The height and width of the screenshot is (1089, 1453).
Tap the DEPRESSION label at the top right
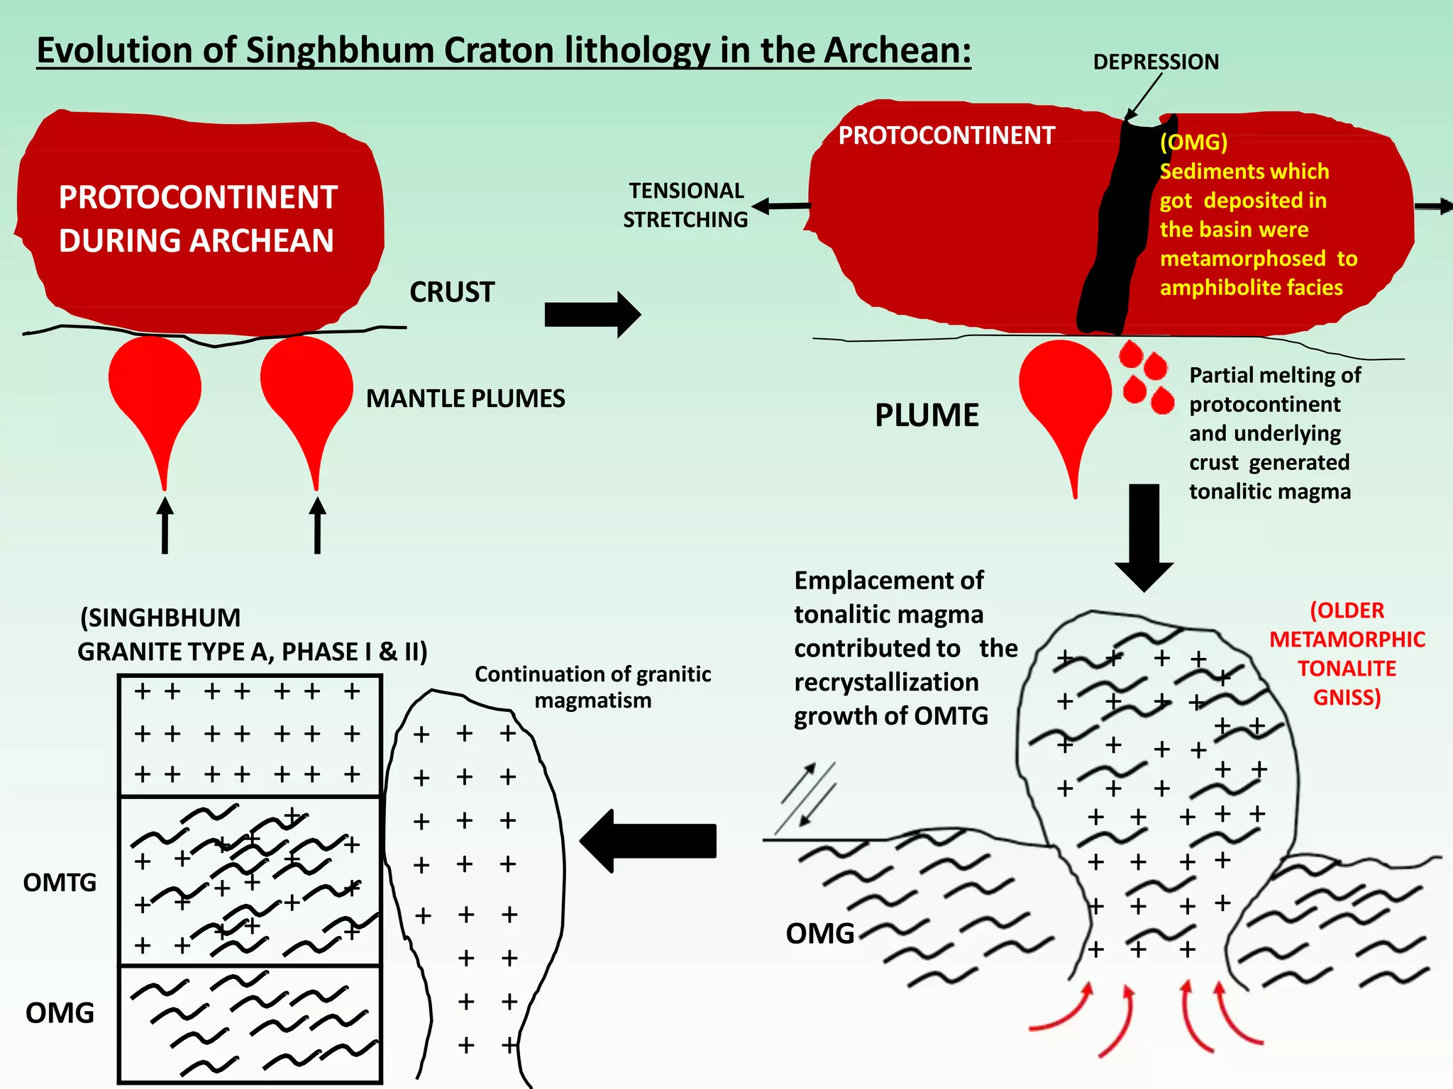click(x=1156, y=62)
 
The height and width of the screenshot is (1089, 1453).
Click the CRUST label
click(x=452, y=292)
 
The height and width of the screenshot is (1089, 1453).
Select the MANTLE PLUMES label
click(x=465, y=398)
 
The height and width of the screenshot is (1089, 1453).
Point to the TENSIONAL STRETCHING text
click(x=685, y=205)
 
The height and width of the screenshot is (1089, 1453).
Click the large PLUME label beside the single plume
click(x=927, y=415)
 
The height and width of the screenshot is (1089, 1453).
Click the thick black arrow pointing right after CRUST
click(x=592, y=314)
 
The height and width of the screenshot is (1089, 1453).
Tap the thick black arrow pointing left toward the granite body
click(x=648, y=841)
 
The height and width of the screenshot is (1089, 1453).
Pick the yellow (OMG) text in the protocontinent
click(x=1193, y=143)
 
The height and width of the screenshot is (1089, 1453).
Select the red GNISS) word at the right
click(x=1347, y=698)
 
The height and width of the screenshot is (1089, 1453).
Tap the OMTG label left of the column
click(x=60, y=883)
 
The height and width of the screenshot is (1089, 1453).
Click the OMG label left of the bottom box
click(x=60, y=1013)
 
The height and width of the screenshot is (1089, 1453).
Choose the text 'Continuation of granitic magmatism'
click(x=592, y=686)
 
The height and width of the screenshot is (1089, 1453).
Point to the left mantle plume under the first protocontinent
click(x=155, y=397)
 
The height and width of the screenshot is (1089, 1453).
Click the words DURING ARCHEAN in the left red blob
click(x=196, y=240)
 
